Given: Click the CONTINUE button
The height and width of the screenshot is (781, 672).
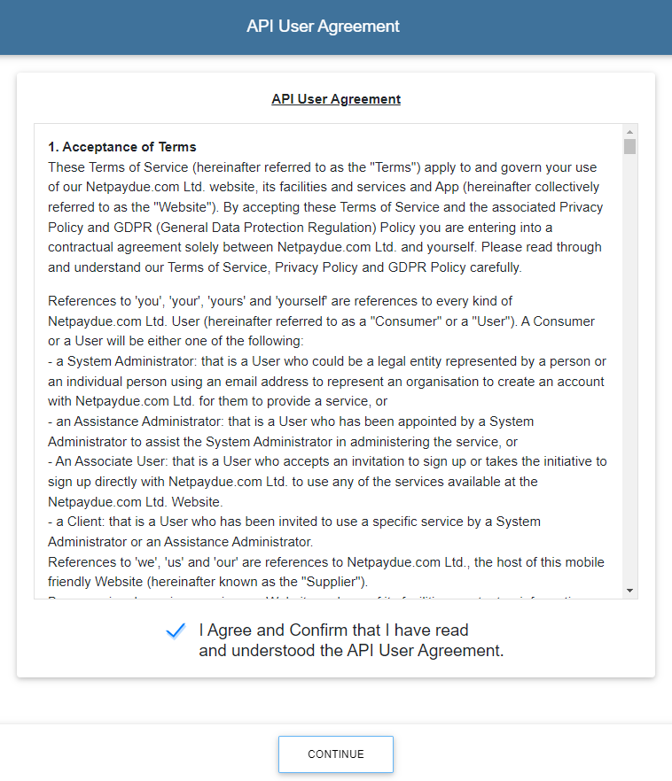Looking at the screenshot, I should [336, 754].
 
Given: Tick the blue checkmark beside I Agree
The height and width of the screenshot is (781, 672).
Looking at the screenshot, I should [176, 630].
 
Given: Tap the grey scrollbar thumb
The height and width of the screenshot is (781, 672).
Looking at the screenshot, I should [629, 146].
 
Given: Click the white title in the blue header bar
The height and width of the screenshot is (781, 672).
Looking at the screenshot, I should [323, 27].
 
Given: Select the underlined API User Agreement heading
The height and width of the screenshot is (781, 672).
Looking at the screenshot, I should [336, 99].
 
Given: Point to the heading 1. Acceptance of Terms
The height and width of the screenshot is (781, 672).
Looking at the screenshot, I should [122, 147].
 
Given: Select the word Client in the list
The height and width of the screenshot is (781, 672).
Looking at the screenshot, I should [87, 522].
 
